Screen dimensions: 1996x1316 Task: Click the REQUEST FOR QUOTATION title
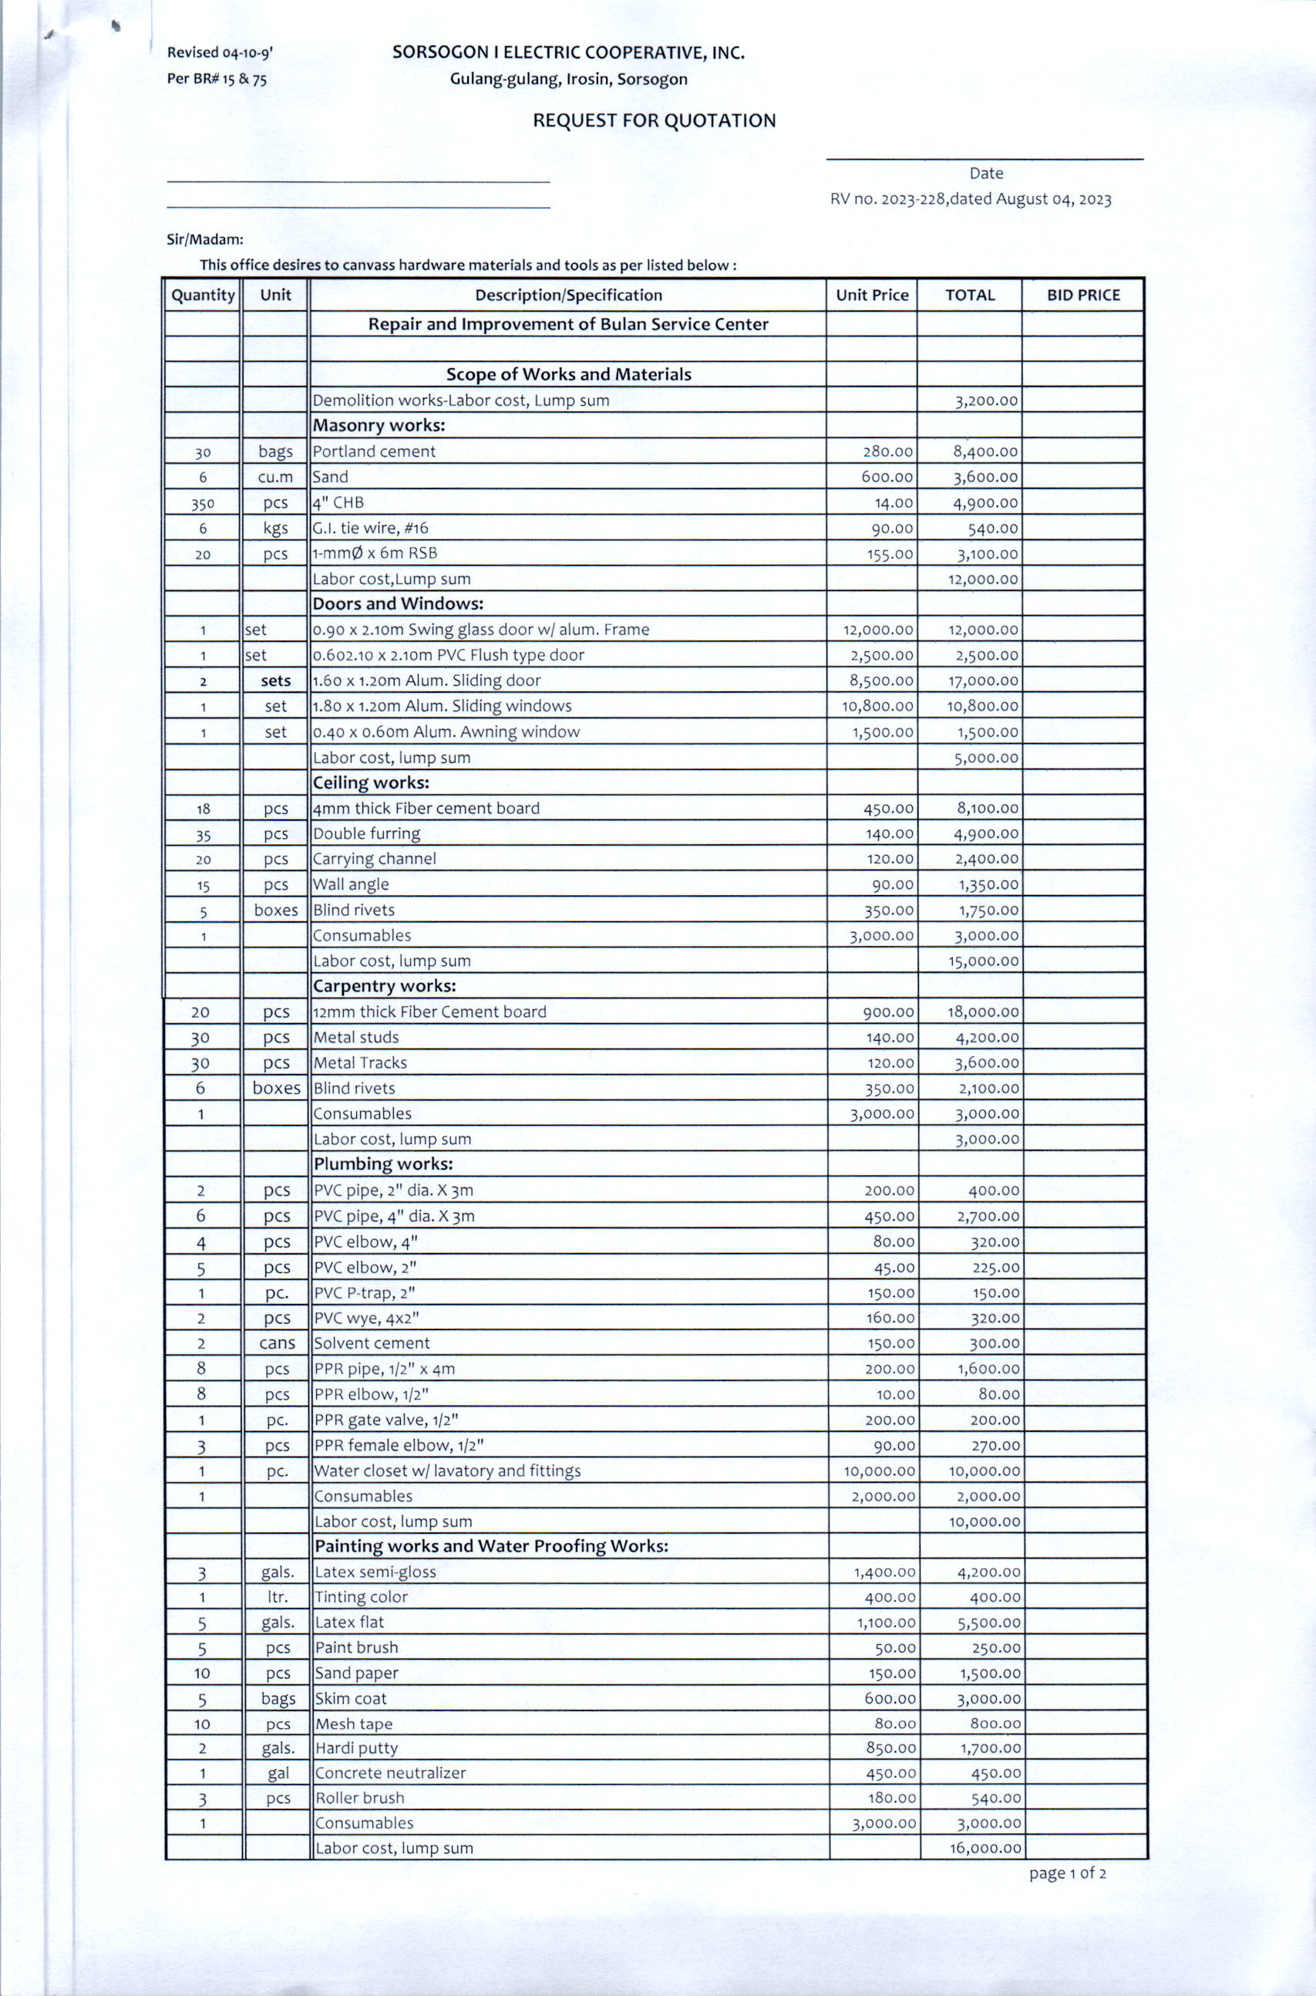click(x=654, y=121)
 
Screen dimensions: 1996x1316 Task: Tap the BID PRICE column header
click(x=1082, y=295)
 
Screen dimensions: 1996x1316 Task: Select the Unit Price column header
click(x=871, y=295)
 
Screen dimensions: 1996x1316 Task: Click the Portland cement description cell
click(x=375, y=451)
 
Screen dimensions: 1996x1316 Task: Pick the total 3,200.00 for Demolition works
click(x=986, y=400)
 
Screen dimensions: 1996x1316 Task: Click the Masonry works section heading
click(x=379, y=426)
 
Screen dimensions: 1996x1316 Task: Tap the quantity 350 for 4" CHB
click(x=202, y=504)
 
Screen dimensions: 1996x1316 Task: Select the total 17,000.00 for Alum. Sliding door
click(x=983, y=681)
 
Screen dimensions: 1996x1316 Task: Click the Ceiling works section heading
click(x=371, y=782)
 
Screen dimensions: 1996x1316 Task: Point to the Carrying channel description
click(x=375, y=858)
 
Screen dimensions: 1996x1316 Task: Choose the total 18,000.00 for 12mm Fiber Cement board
click(x=983, y=1012)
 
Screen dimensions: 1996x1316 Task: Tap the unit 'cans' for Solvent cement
click(x=277, y=1343)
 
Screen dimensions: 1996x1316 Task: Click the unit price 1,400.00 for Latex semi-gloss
click(x=886, y=1572)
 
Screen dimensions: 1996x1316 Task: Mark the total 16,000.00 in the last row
click(x=984, y=1848)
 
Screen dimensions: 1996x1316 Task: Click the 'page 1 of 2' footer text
click(x=1067, y=1873)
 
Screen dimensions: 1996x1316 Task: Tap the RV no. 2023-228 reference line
click(x=970, y=199)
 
